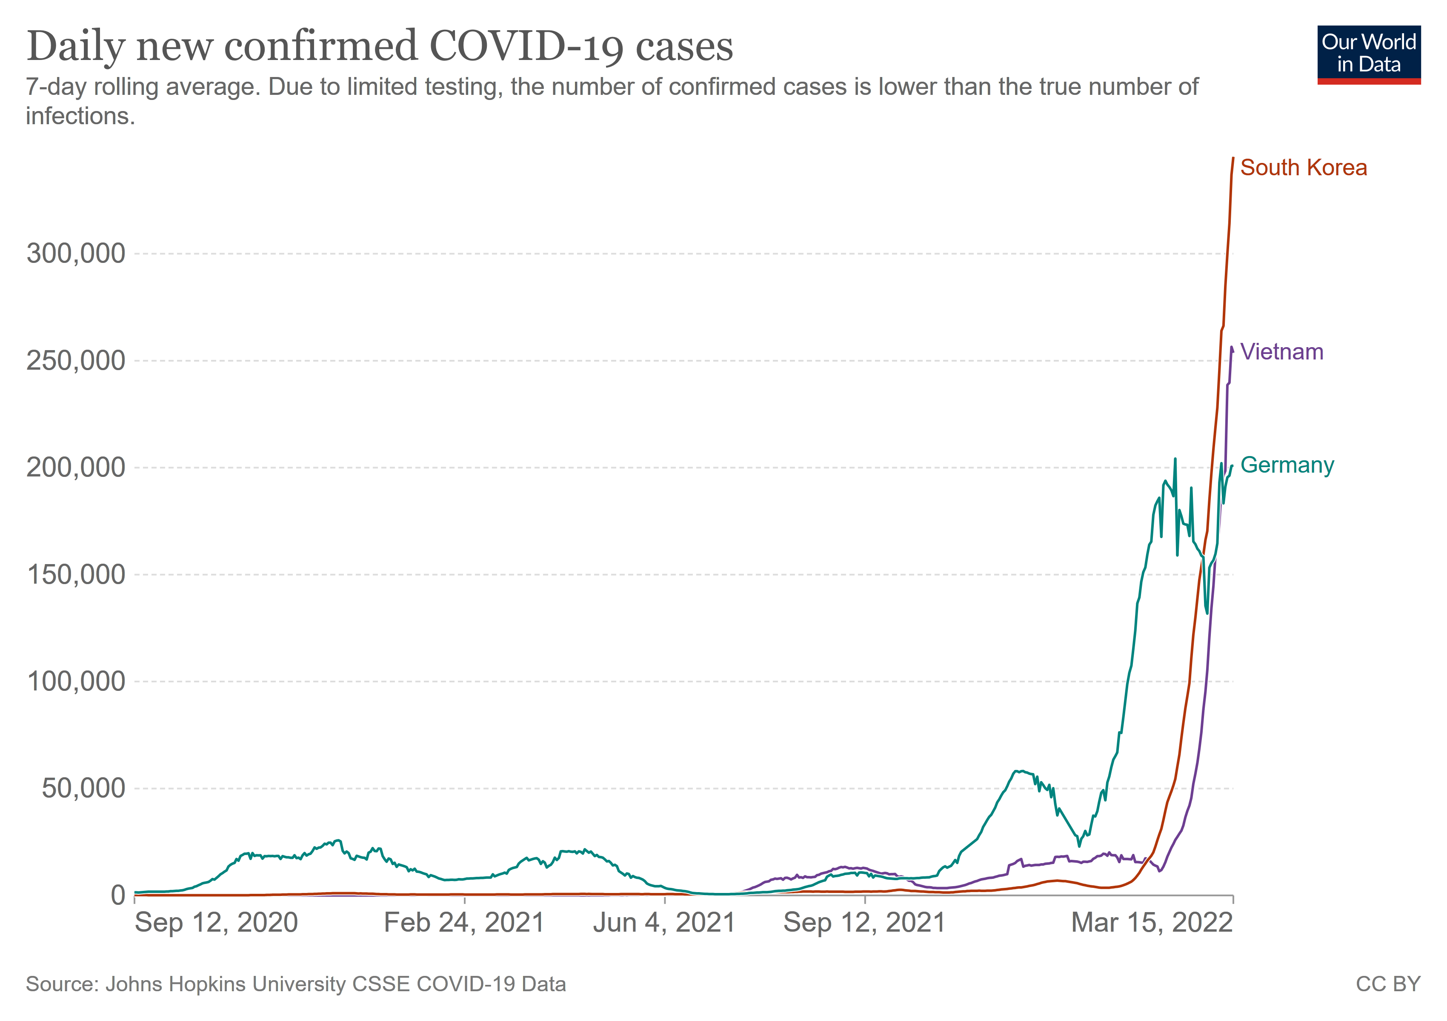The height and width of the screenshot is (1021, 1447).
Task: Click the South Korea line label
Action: pyautogui.click(x=1303, y=168)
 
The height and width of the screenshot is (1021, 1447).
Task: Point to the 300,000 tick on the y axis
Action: pyautogui.click(x=76, y=254)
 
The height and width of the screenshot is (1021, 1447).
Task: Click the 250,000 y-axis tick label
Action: pyautogui.click(x=76, y=361)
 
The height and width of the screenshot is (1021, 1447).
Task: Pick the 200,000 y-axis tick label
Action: pyautogui.click(x=76, y=468)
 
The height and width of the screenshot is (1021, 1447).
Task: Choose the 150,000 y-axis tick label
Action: pyautogui.click(x=76, y=574)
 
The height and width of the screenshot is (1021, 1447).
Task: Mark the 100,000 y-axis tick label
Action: pyautogui.click(x=76, y=682)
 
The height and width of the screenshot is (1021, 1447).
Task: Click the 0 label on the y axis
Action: pyautogui.click(x=118, y=895)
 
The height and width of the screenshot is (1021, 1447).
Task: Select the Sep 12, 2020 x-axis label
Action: pyautogui.click(x=216, y=923)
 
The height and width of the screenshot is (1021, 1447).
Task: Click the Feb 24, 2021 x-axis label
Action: pyautogui.click(x=464, y=923)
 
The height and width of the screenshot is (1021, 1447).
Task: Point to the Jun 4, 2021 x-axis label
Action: pyautogui.click(x=664, y=923)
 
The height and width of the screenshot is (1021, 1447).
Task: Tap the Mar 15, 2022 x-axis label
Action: pyautogui.click(x=1151, y=923)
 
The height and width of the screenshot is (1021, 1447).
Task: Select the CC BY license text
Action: pyautogui.click(x=1388, y=984)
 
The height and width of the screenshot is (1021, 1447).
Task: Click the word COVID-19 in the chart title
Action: pyautogui.click(x=527, y=47)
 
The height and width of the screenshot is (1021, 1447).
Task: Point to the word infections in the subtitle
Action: pyautogui.click(x=80, y=117)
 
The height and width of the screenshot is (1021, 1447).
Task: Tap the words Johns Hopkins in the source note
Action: pyautogui.click(x=177, y=984)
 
